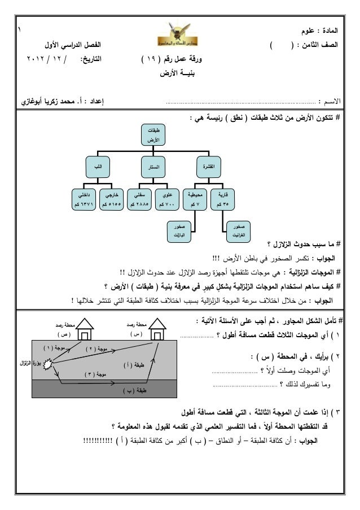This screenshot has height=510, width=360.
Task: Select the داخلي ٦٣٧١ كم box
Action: click(83, 198)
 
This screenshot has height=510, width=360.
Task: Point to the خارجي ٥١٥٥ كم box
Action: click(112, 198)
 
